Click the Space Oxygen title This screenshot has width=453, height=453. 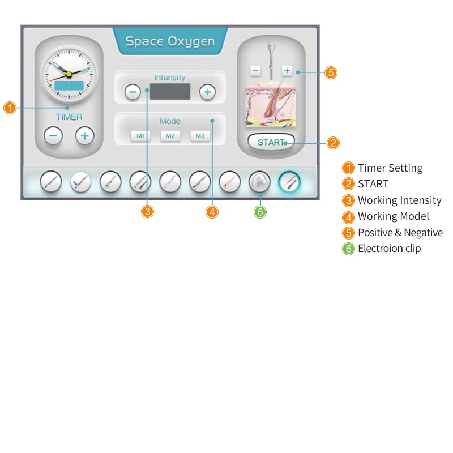(x=170, y=41)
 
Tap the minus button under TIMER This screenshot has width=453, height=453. (x=53, y=136)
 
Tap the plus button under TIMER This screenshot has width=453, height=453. (x=85, y=136)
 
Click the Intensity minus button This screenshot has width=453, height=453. (x=133, y=92)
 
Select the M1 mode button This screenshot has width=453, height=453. (x=140, y=136)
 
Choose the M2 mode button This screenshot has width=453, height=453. (x=170, y=136)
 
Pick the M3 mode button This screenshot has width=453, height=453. (x=199, y=136)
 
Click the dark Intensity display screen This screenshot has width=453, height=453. (x=170, y=92)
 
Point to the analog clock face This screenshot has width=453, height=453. (x=69, y=74)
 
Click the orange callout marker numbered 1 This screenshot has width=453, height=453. (x=10, y=108)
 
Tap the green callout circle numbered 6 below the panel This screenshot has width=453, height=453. (x=260, y=211)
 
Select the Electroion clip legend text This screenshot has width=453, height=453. (x=389, y=249)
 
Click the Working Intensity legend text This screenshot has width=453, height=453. (x=399, y=200)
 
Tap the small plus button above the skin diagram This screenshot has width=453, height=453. (x=287, y=71)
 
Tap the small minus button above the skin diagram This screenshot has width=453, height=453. (x=255, y=71)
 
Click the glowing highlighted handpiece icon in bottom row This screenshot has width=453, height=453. (x=290, y=182)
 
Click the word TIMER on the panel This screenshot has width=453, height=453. (x=69, y=117)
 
